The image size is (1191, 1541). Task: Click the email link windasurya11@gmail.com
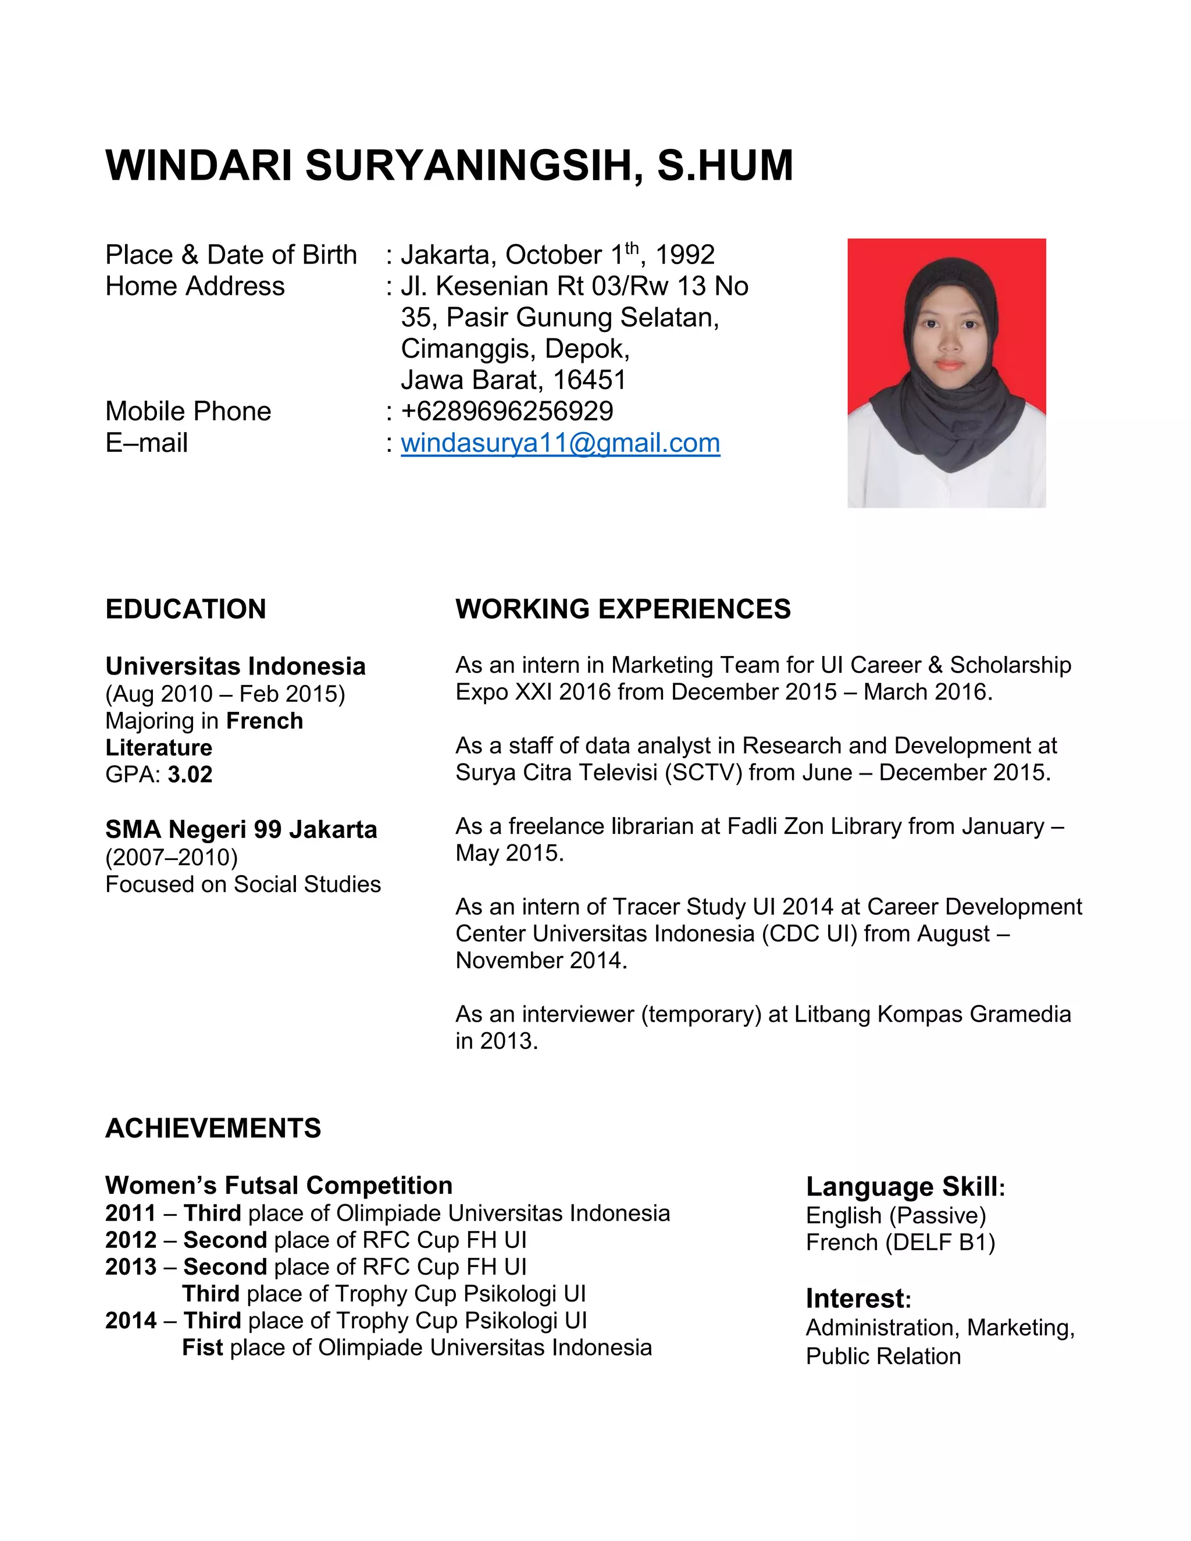coord(560,443)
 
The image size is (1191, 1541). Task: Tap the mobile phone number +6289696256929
coord(507,411)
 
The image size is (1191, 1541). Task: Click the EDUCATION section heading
coord(186,609)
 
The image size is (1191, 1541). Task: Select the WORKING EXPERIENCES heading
coord(623,609)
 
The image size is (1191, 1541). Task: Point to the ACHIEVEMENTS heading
coord(213,1128)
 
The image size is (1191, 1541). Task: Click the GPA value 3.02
coord(190,775)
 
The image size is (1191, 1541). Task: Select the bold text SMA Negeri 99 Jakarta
coord(241,830)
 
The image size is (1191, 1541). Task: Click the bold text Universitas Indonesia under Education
coord(236,666)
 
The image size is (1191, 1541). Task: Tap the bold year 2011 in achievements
coord(130,1213)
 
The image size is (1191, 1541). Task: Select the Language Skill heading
coord(904,1187)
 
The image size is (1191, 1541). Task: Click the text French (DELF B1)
coord(900,1242)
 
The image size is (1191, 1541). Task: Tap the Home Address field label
coord(195,287)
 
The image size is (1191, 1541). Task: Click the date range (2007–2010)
coord(172,857)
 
